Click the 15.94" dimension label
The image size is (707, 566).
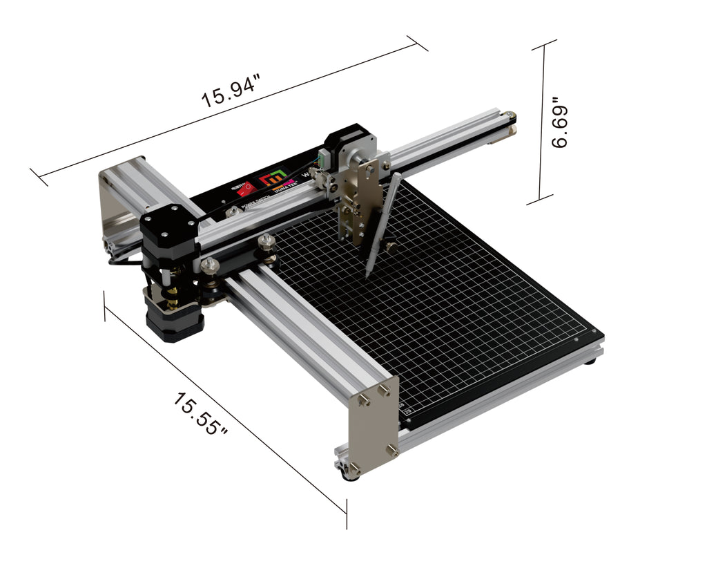(231, 92)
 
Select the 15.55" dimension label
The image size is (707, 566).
(200, 414)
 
